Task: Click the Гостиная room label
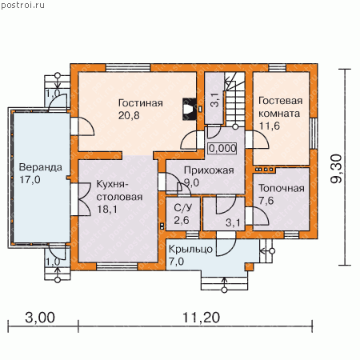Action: pyautogui.click(x=141, y=103)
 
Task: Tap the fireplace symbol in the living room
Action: pyautogui.click(x=190, y=109)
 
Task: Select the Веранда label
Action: pyautogui.click(x=41, y=167)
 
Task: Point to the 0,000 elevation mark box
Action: pyautogui.click(x=222, y=148)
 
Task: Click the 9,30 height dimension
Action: pyautogui.click(x=336, y=169)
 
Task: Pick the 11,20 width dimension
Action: pyautogui.click(x=202, y=318)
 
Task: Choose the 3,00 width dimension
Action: pyautogui.click(x=40, y=318)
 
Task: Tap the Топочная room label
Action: pyautogui.click(x=282, y=188)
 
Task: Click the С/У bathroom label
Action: pyautogui.click(x=182, y=208)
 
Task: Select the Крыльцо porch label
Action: pyautogui.click(x=190, y=249)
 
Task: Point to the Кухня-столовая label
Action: pyautogui.click(x=119, y=190)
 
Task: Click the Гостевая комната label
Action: pyautogui.click(x=280, y=107)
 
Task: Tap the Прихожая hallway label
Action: pyautogui.click(x=209, y=170)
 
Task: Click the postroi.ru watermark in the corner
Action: pyautogui.click(x=22, y=5)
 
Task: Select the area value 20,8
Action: pyautogui.click(x=129, y=116)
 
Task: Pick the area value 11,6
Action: pyautogui.click(x=270, y=126)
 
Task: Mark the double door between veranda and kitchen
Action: pyautogui.click(x=81, y=199)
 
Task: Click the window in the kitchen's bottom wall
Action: pyautogui.click(x=117, y=266)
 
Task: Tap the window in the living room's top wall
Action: pyautogui.click(x=128, y=67)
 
